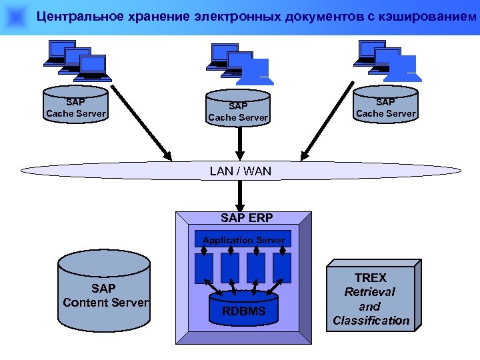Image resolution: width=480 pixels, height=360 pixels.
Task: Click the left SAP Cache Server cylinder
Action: pos(75,107)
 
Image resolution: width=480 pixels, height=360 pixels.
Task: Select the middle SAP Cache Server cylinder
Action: pos(238,111)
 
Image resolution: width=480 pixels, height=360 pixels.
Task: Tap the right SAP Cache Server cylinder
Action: pos(385,107)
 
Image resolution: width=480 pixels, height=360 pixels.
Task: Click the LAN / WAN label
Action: pos(240,171)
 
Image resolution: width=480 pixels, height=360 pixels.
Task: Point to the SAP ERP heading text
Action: pos(246,217)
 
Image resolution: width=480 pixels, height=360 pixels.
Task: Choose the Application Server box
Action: pos(243,240)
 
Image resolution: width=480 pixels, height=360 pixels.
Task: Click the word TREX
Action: pos(371,277)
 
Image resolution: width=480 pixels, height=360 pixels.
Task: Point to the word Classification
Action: pos(371,321)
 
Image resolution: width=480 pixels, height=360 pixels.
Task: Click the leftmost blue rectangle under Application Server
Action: pos(204,267)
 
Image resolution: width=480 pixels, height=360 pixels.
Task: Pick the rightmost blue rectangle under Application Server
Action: pos(282,267)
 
